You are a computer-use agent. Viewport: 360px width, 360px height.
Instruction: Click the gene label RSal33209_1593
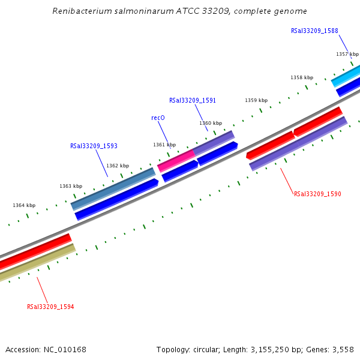coord(94,146)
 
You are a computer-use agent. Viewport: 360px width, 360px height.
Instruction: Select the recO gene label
coord(158,118)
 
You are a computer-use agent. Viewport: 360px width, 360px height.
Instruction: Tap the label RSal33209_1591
coord(193,101)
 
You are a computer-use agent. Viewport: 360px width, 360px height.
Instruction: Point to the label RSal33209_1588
coord(314,31)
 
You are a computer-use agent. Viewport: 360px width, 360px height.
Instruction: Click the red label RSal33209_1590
coord(317,194)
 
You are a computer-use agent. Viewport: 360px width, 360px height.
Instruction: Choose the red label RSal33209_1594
coord(50,307)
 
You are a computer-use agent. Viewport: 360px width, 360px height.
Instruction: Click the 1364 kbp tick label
coord(24,205)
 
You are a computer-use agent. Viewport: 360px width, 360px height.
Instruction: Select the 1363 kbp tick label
coord(71,186)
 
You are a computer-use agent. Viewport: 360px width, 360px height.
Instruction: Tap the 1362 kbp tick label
coord(118,166)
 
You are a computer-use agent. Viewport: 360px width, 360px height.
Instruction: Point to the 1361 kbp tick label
coord(164,145)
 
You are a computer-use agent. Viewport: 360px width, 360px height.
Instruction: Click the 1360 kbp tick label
coord(211,123)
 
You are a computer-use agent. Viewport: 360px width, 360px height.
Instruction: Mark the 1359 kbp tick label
coord(256,100)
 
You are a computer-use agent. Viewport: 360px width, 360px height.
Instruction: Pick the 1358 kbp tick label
coord(302,77)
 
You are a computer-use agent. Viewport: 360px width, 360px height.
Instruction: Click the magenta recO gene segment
coord(176,160)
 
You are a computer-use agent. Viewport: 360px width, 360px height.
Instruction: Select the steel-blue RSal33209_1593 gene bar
coord(113,188)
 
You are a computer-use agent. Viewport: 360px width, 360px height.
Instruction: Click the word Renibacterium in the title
coord(79,11)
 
